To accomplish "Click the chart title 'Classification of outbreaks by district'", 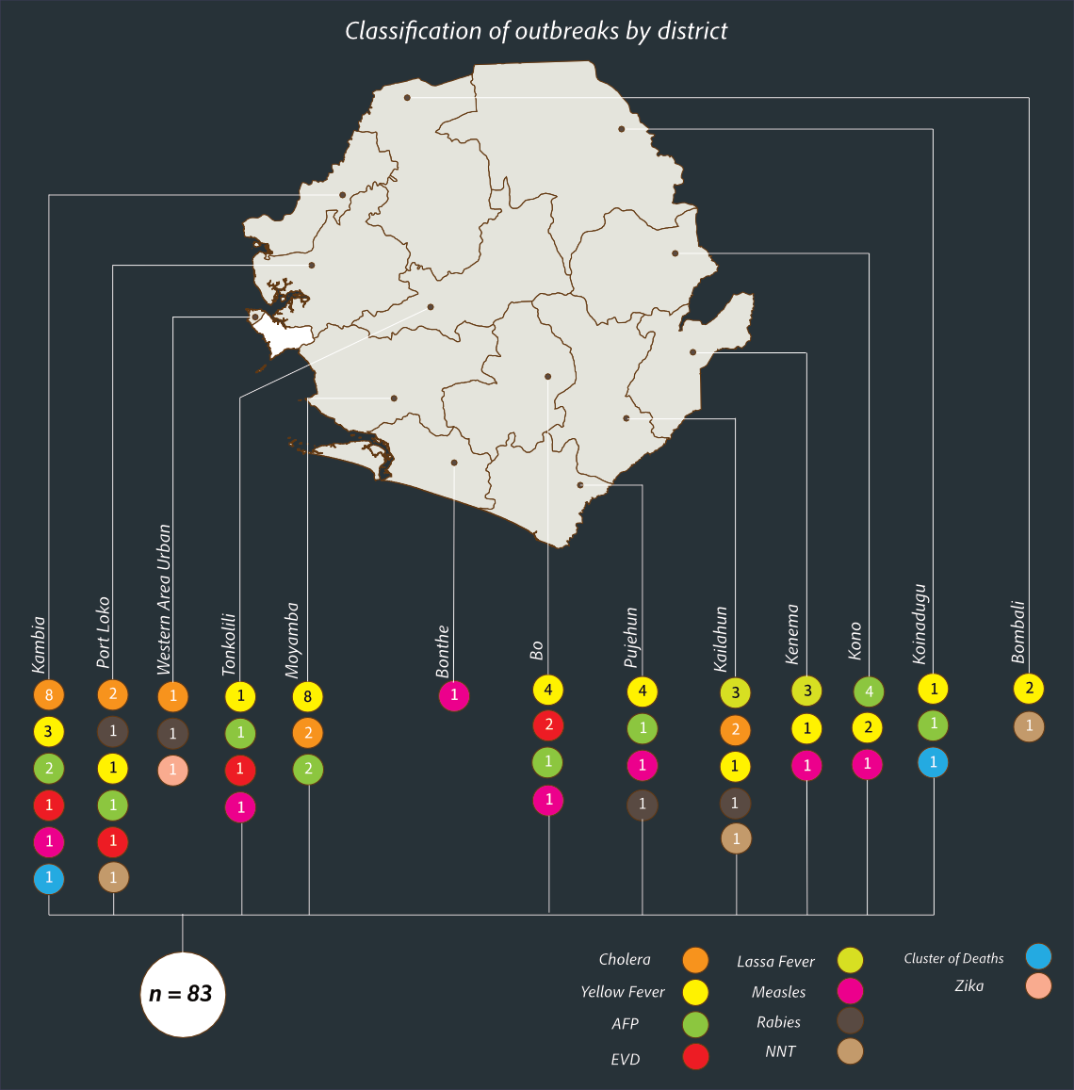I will point(536,31).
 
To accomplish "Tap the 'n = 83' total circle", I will point(182,994).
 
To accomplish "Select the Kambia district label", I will point(39,644).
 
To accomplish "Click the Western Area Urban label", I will point(164,600).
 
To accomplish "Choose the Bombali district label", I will point(1017,633).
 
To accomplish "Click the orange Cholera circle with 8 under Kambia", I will point(48,696).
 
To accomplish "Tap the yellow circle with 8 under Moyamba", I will point(308,697).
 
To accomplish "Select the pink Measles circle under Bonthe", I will point(453,696).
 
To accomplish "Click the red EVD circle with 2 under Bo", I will point(548,726).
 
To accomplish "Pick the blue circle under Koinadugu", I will point(934,762).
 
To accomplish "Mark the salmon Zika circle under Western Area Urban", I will point(172,770).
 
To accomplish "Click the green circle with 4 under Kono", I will point(869,691).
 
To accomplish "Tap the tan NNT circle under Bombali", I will point(1030,726).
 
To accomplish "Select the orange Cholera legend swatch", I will point(695,960).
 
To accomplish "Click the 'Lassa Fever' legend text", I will point(775,962).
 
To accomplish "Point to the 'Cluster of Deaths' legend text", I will point(953,959).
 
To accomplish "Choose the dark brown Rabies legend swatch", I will point(850,1021).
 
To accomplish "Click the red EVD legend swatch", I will point(695,1057).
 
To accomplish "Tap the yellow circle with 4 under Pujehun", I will point(643,691).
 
